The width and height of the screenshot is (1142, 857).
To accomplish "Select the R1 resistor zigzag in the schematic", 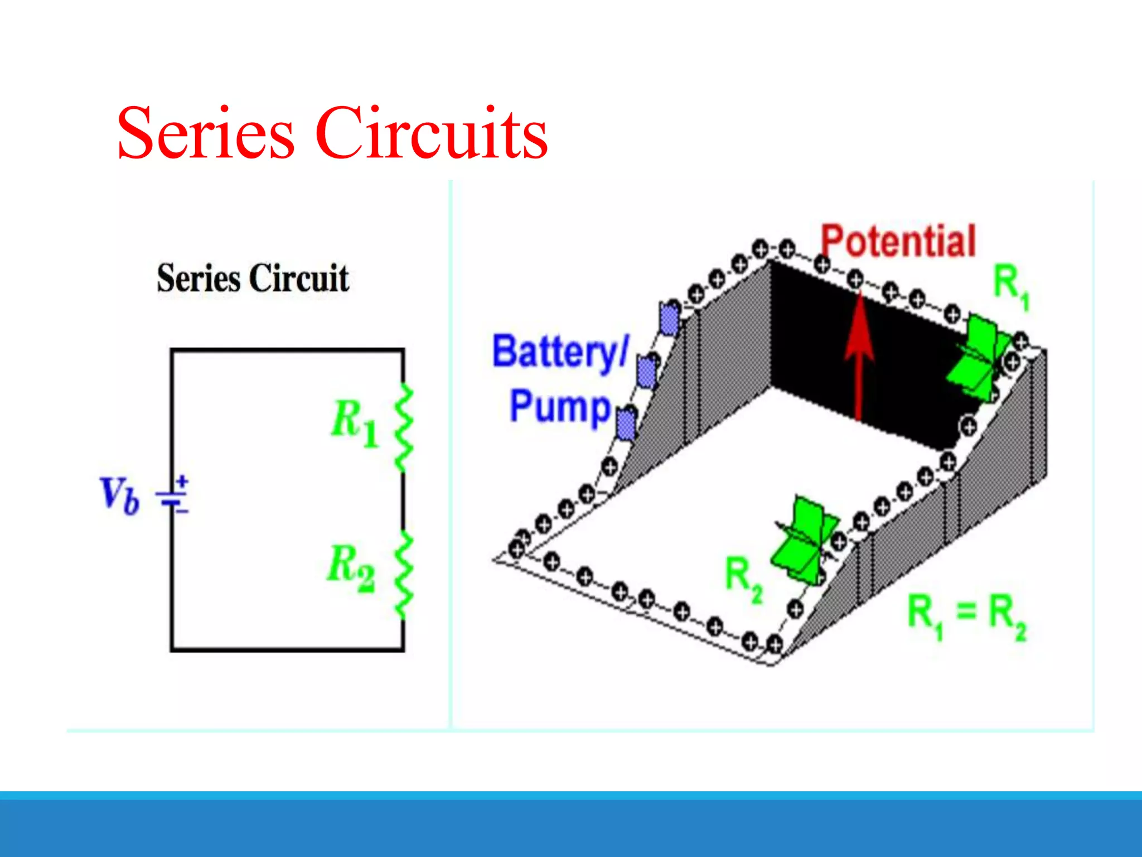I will click(x=404, y=427).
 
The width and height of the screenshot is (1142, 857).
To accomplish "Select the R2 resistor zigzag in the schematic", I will click(x=404, y=575).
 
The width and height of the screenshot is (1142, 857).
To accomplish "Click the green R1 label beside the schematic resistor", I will click(x=355, y=422).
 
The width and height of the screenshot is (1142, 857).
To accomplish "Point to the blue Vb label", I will click(x=119, y=495).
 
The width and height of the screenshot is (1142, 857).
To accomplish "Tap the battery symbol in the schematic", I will click(x=174, y=495).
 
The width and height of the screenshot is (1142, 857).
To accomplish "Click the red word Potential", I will click(x=898, y=241).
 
